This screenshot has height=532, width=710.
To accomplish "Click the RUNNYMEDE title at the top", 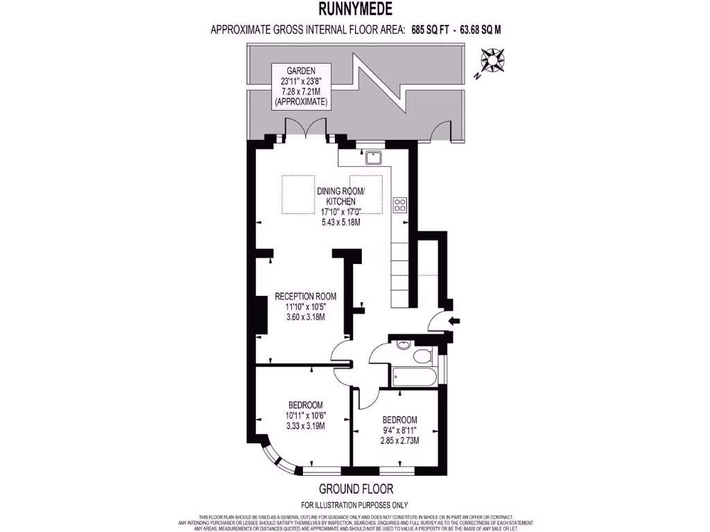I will coord(354,9).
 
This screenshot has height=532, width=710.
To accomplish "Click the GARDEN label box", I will coord(301,86).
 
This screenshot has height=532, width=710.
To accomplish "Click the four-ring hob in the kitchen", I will coord(400,204).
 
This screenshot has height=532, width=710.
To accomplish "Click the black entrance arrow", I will coord(454,320).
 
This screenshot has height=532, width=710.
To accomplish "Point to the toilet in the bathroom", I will coord(422,356).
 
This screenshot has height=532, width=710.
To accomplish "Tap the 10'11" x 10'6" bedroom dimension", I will coord(305,416).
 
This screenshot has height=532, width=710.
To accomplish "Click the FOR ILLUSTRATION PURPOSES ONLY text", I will coord(354,504).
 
